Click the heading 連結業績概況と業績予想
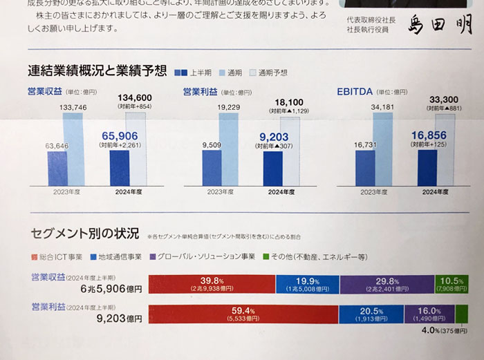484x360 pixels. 97,70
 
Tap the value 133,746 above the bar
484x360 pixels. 73,107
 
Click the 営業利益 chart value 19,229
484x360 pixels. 228,107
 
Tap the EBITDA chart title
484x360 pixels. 355,91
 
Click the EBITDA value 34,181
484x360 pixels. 385,106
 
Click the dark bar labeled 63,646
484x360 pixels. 57,169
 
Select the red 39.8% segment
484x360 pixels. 212,284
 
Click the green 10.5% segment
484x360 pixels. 451,284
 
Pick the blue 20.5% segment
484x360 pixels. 371,314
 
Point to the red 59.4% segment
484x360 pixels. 243,314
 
